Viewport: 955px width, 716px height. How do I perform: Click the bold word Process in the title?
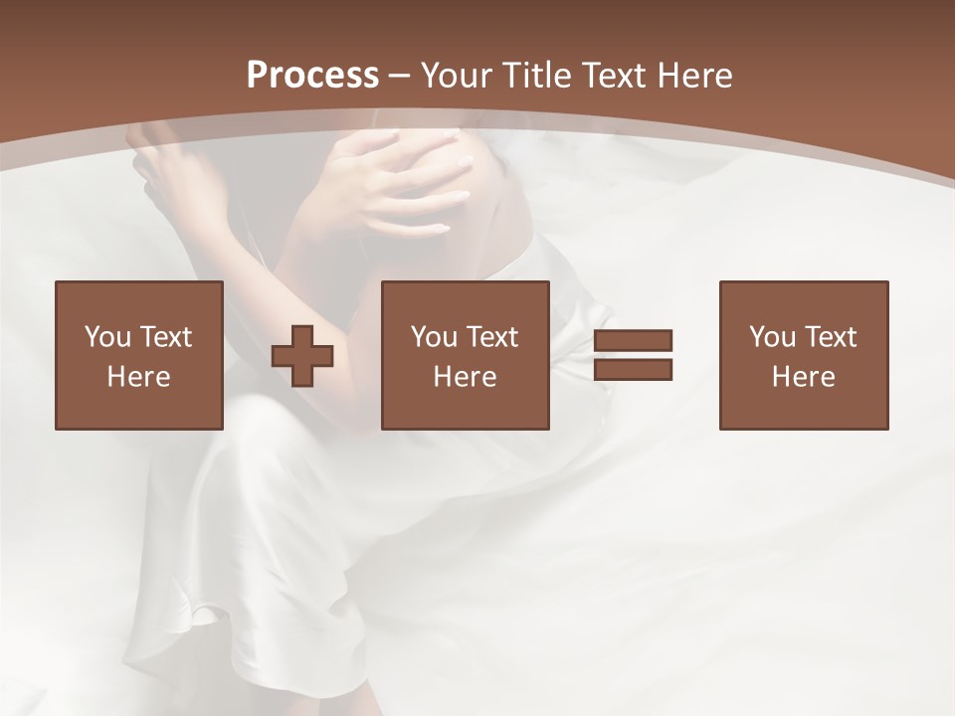pyautogui.click(x=312, y=76)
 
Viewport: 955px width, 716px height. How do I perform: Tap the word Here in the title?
pyautogui.click(x=696, y=76)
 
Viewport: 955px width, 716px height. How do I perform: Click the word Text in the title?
pyautogui.click(x=612, y=76)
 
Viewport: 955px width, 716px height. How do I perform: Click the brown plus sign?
pyautogui.click(x=302, y=355)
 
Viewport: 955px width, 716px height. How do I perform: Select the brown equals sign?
pyautogui.click(x=633, y=355)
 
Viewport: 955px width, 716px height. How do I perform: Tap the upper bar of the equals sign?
pyautogui.click(x=633, y=341)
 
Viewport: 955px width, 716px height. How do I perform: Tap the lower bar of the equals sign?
pyautogui.click(x=633, y=369)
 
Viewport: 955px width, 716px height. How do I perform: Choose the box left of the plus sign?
pyautogui.click(x=139, y=355)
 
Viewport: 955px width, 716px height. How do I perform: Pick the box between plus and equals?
pyautogui.click(x=465, y=355)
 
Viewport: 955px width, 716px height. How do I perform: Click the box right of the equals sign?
pyautogui.click(x=803, y=355)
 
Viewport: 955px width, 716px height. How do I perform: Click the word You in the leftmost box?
pyautogui.click(x=107, y=337)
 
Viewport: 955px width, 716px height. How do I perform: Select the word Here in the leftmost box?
pyautogui.click(x=138, y=377)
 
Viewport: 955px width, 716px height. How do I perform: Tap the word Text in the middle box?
pyautogui.click(x=492, y=337)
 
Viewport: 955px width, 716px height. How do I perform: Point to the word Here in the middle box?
pyautogui.click(x=465, y=377)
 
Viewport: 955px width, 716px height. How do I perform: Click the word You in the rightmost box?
pyautogui.click(x=772, y=337)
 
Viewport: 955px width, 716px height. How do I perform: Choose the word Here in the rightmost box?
pyautogui.click(x=803, y=377)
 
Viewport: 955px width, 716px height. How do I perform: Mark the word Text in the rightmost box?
pyautogui.click(x=831, y=337)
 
